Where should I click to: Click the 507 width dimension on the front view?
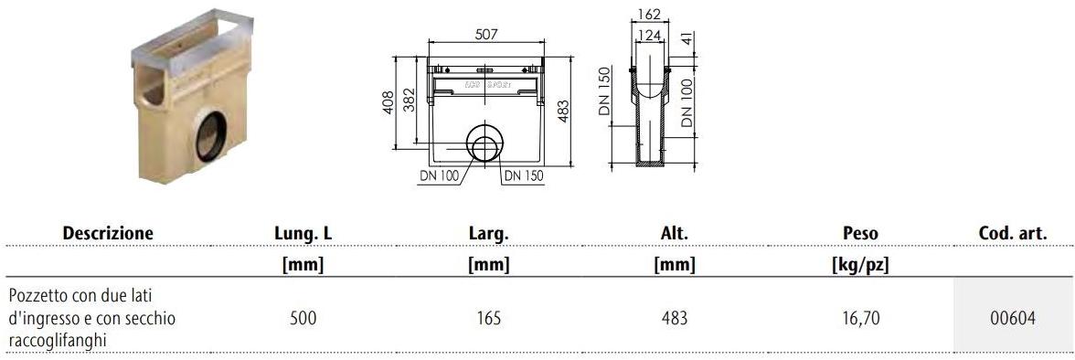point(484,34)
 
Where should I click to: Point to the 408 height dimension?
point(388,103)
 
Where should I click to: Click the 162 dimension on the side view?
point(648,14)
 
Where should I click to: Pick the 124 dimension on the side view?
point(649,34)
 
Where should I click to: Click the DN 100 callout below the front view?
point(439,175)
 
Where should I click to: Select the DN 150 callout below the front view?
point(524,175)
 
